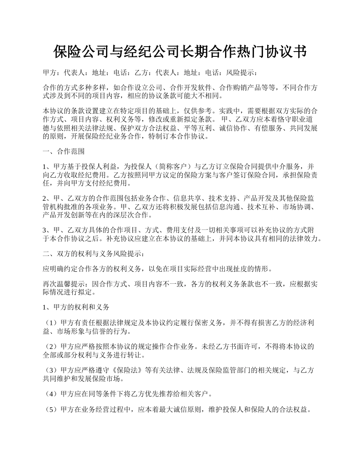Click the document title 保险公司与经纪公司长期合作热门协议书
tap(180, 52)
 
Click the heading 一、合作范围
tap(64, 152)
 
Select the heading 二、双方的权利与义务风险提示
tap(93, 253)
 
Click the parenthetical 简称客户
tap(171, 166)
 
